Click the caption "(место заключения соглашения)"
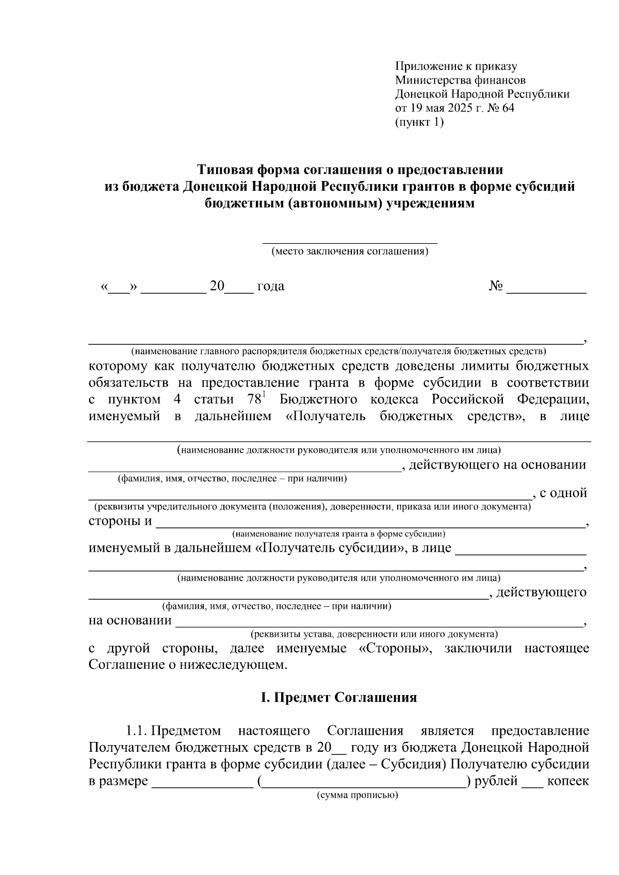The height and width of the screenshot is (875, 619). tap(350, 252)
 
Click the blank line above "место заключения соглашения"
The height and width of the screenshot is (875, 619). tap(350, 240)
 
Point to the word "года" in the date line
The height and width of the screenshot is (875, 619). tap(271, 286)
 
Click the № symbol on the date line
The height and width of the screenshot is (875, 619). tap(496, 286)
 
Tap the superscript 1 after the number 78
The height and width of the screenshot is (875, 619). tap(264, 395)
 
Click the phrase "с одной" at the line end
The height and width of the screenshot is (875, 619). tap(563, 493)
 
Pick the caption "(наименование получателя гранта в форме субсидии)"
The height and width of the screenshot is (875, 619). tap(338, 534)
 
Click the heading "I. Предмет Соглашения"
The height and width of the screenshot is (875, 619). tap(338, 698)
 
